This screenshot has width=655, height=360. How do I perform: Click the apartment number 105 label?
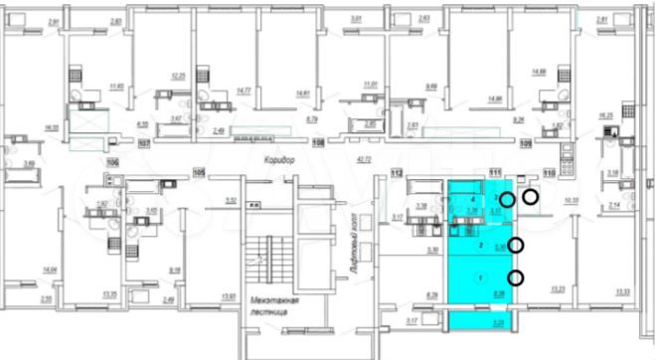tap(197, 171)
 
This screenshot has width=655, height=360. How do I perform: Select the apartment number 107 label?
tap(143, 143)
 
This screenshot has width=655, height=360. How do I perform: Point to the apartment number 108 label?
tap(319, 143)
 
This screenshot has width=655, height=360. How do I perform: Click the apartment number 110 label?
tap(548, 172)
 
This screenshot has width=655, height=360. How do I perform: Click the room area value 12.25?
tap(179, 77)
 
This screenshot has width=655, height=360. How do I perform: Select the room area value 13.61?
tap(228, 295)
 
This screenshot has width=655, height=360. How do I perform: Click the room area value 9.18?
tap(174, 269)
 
